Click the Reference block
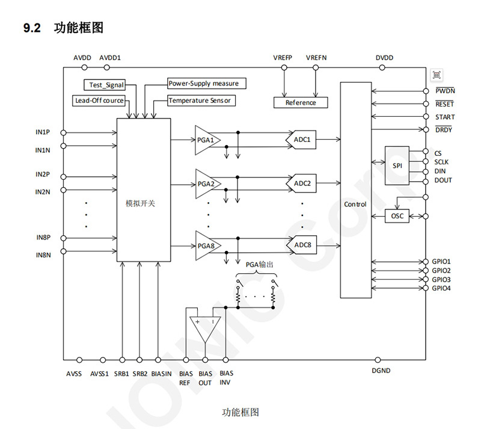pos(300,102)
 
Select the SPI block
pos(396,165)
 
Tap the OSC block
pos(396,215)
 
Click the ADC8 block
pos(301,245)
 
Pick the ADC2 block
pos(301,183)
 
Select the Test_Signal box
pos(106,85)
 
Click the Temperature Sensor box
pos(201,100)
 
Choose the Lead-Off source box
pos(99,100)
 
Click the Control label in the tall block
pos(355,204)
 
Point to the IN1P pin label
pos(43,131)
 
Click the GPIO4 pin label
pos(441,288)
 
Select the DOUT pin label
pos(443,180)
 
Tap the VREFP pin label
pos(283,58)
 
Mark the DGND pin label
pos(381,371)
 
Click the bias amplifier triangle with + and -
pos(204,328)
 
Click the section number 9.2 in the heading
pos(31,28)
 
